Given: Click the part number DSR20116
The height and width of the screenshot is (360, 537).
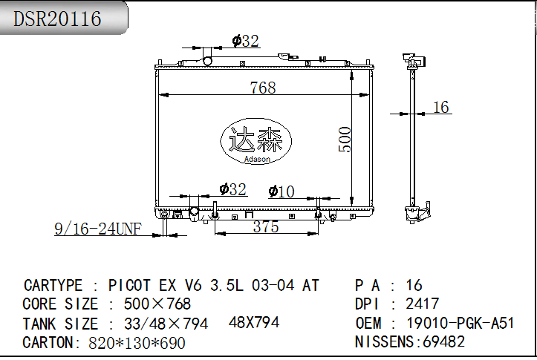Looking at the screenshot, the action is pyautogui.click(x=57, y=19).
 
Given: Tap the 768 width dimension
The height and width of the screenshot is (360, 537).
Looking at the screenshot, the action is pyautogui.click(x=263, y=88).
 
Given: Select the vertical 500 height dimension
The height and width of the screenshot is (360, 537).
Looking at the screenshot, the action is pyautogui.click(x=345, y=140).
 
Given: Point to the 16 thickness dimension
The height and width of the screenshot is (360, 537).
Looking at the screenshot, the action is pyautogui.click(x=440, y=107).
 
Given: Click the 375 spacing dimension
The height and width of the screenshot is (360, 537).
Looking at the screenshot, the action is pyautogui.click(x=266, y=226).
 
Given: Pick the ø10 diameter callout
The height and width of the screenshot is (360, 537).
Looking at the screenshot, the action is pyautogui.click(x=281, y=192).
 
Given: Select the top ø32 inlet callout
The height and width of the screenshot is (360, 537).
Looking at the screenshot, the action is pyautogui.click(x=245, y=41).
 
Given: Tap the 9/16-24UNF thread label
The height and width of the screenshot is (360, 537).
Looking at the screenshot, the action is pyautogui.click(x=98, y=229).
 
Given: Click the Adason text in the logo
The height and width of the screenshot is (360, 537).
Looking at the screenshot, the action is pyautogui.click(x=257, y=159).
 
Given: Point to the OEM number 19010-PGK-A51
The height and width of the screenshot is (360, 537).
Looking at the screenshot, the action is pyautogui.click(x=460, y=323).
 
